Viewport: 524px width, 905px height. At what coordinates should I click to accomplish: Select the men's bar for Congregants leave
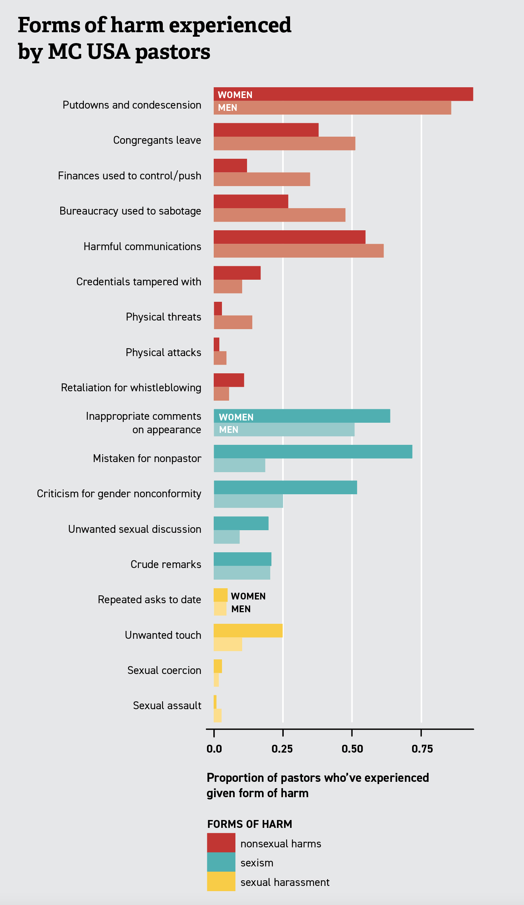click(x=284, y=143)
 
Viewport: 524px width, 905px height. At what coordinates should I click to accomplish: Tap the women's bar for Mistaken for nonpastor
click(x=313, y=452)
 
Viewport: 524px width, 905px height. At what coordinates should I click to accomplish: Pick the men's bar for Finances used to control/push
click(x=262, y=179)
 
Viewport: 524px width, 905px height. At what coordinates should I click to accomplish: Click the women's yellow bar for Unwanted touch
click(x=248, y=631)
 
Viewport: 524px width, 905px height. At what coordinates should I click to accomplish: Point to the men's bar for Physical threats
click(x=233, y=322)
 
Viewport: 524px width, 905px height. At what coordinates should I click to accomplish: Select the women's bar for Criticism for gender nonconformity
click(x=285, y=488)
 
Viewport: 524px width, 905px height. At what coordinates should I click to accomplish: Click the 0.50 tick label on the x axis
click(x=352, y=749)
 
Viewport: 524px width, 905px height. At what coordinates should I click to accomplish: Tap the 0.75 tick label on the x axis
click(x=422, y=749)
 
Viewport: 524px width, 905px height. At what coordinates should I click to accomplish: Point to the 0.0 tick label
click(x=214, y=749)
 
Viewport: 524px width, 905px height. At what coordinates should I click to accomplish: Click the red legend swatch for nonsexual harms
click(x=221, y=843)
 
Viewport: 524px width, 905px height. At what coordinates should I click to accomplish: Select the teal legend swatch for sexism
click(x=221, y=862)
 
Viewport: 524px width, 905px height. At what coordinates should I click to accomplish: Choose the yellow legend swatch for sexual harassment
click(x=221, y=881)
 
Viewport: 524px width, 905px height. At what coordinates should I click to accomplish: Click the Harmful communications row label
click(x=142, y=246)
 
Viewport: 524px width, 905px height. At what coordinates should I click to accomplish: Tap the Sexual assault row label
click(x=167, y=705)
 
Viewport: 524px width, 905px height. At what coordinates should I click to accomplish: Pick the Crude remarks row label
click(x=166, y=564)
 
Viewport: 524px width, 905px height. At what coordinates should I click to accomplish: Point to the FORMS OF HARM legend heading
click(x=250, y=824)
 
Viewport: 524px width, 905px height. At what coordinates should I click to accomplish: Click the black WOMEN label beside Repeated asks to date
click(x=248, y=596)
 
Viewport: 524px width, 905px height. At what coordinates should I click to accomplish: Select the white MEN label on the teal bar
click(x=229, y=429)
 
